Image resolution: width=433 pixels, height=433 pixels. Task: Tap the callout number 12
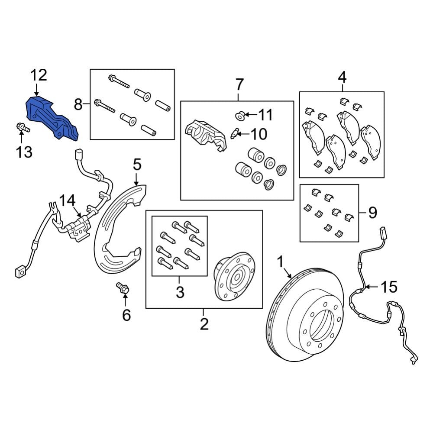[38, 75]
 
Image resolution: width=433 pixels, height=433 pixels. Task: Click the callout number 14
[67, 200]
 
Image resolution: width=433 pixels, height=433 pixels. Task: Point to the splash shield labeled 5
[117, 229]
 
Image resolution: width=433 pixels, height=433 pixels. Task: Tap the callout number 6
[126, 315]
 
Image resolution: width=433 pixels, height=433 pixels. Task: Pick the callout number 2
[204, 323]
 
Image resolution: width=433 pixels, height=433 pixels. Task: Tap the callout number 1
[281, 262]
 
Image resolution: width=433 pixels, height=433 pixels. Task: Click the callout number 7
[239, 84]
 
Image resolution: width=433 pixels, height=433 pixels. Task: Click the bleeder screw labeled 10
[235, 134]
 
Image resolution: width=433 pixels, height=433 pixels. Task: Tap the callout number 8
[78, 104]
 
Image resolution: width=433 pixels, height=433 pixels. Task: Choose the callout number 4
[342, 78]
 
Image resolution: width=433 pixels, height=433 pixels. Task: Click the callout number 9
[372, 212]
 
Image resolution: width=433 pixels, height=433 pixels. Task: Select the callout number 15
[388, 287]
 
